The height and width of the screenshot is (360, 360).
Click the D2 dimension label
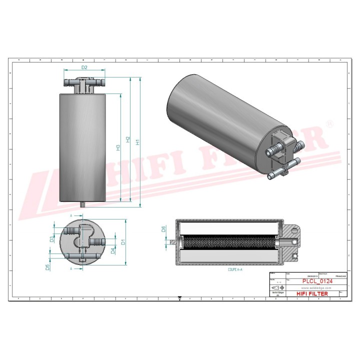(x=84, y=67)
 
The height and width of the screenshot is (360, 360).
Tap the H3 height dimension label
(x=118, y=147)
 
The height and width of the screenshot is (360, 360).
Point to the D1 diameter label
(x=123, y=242)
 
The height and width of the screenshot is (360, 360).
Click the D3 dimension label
(x=52, y=239)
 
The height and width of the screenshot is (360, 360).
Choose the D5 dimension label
(x=47, y=267)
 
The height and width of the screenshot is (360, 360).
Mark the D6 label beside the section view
(x=163, y=229)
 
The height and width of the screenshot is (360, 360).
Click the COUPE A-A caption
(x=235, y=269)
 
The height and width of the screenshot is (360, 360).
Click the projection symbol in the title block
(x=277, y=288)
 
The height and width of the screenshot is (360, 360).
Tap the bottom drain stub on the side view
(x=83, y=204)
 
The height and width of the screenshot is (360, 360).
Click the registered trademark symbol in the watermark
(x=328, y=123)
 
